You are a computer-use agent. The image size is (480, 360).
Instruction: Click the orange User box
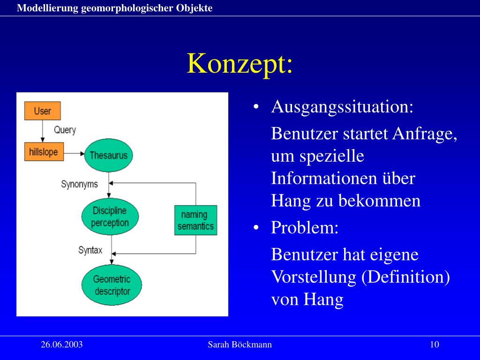pyautogui.click(x=42, y=111)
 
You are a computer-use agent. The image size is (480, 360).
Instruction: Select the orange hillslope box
pyautogui.click(x=44, y=152)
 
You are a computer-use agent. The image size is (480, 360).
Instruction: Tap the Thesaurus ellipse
pyautogui.click(x=108, y=155)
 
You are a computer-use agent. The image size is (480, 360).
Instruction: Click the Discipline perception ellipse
pyautogui.click(x=110, y=217)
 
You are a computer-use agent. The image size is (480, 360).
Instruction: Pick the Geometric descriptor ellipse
pyautogui.click(x=112, y=285)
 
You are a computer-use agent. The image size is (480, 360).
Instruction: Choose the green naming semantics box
pyautogui.click(x=195, y=220)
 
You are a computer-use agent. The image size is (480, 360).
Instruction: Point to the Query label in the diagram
pyautogui.click(x=65, y=130)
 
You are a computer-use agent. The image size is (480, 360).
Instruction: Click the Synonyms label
pyautogui.click(x=79, y=184)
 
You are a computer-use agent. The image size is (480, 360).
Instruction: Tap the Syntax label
pyautogui.click(x=90, y=250)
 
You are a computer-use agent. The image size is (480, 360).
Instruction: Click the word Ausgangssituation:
pyautogui.click(x=342, y=107)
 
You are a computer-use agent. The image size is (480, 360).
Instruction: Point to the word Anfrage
pyautogui.click(x=425, y=134)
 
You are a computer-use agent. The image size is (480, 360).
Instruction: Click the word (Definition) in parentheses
pyautogui.click(x=406, y=277)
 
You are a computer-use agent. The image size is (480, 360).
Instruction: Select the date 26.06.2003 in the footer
pyautogui.click(x=62, y=345)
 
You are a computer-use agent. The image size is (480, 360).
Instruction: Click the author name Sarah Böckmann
pyautogui.click(x=240, y=345)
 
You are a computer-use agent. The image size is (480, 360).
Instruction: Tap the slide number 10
pyautogui.click(x=434, y=345)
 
